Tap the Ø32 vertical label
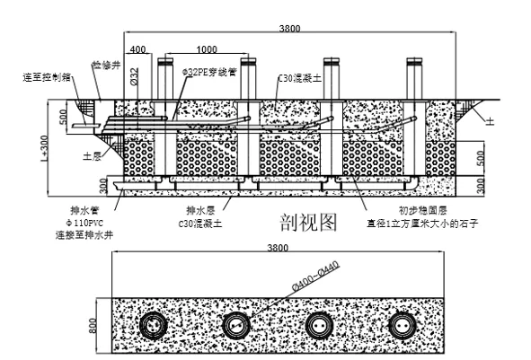pyautogui.click(x=135, y=77)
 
